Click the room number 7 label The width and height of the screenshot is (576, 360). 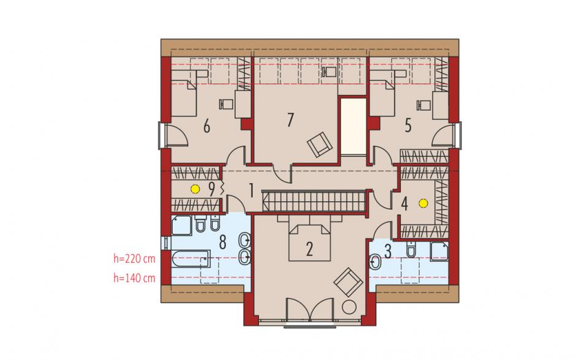(290, 120)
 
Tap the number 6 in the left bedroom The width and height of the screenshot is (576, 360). (207, 126)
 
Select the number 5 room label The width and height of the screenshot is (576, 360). (407, 126)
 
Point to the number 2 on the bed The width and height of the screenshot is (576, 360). (309, 250)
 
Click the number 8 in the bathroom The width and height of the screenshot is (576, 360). (222, 243)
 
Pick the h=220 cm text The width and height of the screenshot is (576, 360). (134, 259)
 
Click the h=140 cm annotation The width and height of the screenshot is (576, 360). (134, 278)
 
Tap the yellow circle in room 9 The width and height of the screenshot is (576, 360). (195, 189)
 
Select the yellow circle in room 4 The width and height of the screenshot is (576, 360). (423, 202)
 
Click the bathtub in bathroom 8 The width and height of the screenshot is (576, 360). (191, 259)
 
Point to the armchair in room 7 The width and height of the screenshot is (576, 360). (320, 144)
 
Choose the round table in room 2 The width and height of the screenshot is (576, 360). (349, 307)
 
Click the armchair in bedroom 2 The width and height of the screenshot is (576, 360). (348, 282)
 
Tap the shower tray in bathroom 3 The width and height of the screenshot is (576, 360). (439, 251)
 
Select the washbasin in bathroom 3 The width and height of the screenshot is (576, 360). (376, 262)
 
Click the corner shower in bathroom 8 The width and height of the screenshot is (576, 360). (181, 226)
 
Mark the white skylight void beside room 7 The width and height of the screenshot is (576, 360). (354, 126)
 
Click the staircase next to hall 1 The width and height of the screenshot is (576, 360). (314, 201)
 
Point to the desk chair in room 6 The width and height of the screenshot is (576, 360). (226, 104)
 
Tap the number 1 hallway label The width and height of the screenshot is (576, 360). (251, 191)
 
